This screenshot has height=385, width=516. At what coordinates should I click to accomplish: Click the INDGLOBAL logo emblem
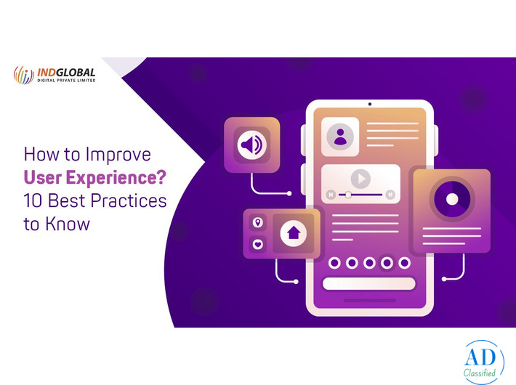(x=23, y=75)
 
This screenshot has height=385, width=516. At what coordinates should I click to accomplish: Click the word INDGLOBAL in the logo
(x=65, y=71)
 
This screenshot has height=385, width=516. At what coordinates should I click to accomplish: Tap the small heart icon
(x=257, y=244)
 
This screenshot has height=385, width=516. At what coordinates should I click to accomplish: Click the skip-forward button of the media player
(x=390, y=195)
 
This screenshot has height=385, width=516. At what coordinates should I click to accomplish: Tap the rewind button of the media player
(x=331, y=195)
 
